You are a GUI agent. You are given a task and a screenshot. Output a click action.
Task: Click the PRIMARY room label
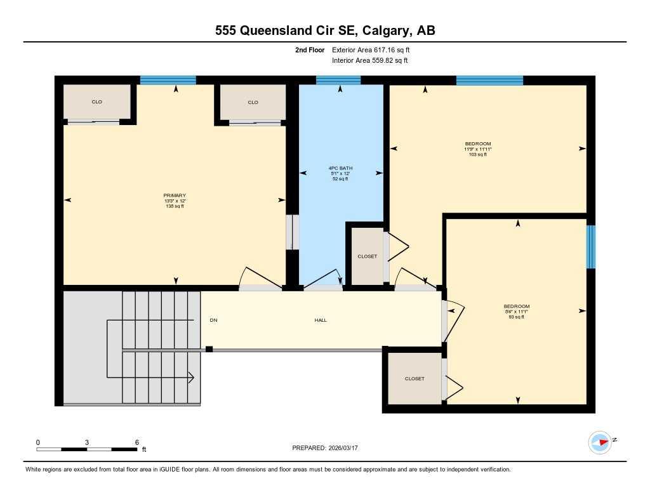click(x=175, y=195)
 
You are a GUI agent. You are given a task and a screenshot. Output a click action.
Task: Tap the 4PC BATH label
click(x=341, y=168)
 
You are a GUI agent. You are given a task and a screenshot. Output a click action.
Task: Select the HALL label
click(x=321, y=320)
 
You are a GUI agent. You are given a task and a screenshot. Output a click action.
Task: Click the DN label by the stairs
click(x=213, y=320)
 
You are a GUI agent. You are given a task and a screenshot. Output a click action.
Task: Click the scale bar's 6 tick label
click(x=136, y=442)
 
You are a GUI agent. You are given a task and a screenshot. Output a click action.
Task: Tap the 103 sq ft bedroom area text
click(x=477, y=154)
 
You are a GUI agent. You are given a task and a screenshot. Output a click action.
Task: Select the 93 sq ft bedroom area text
click(x=516, y=317)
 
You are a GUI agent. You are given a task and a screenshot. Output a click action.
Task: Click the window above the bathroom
click(x=338, y=80)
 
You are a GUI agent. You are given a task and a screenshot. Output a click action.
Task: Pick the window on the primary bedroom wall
click(x=168, y=80)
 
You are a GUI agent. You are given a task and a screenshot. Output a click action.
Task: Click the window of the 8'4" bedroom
click(x=591, y=247)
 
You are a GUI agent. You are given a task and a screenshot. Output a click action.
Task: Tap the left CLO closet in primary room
click(x=96, y=102)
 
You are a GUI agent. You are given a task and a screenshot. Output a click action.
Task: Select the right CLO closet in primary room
click(x=253, y=102)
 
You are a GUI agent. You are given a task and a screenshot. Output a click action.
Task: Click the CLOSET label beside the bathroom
click(x=367, y=256)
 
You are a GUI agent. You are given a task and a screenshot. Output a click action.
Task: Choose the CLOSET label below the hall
click(x=415, y=379)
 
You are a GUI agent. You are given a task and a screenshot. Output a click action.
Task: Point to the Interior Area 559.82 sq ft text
click(x=369, y=61)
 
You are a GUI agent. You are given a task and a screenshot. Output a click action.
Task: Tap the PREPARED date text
click(x=329, y=448)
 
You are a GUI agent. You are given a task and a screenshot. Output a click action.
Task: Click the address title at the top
click(x=325, y=31)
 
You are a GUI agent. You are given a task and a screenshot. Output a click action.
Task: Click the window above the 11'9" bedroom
click(x=489, y=80)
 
